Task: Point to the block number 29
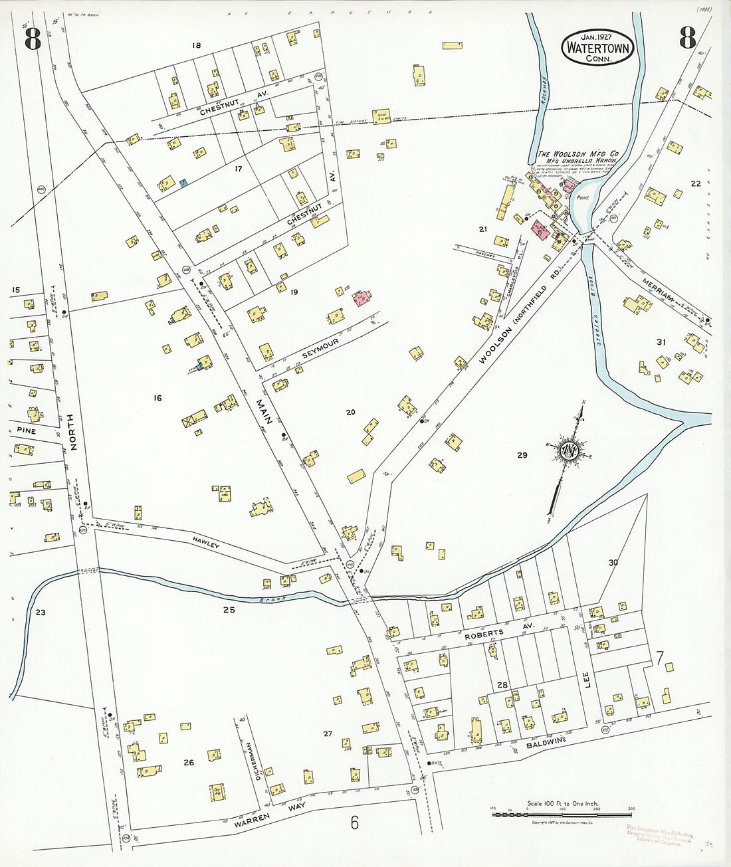[x=522, y=455]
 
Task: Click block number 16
[x=157, y=398]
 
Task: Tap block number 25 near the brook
[x=229, y=609]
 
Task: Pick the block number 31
[x=661, y=342]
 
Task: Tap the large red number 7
[x=659, y=660]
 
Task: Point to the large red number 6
[x=355, y=822]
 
